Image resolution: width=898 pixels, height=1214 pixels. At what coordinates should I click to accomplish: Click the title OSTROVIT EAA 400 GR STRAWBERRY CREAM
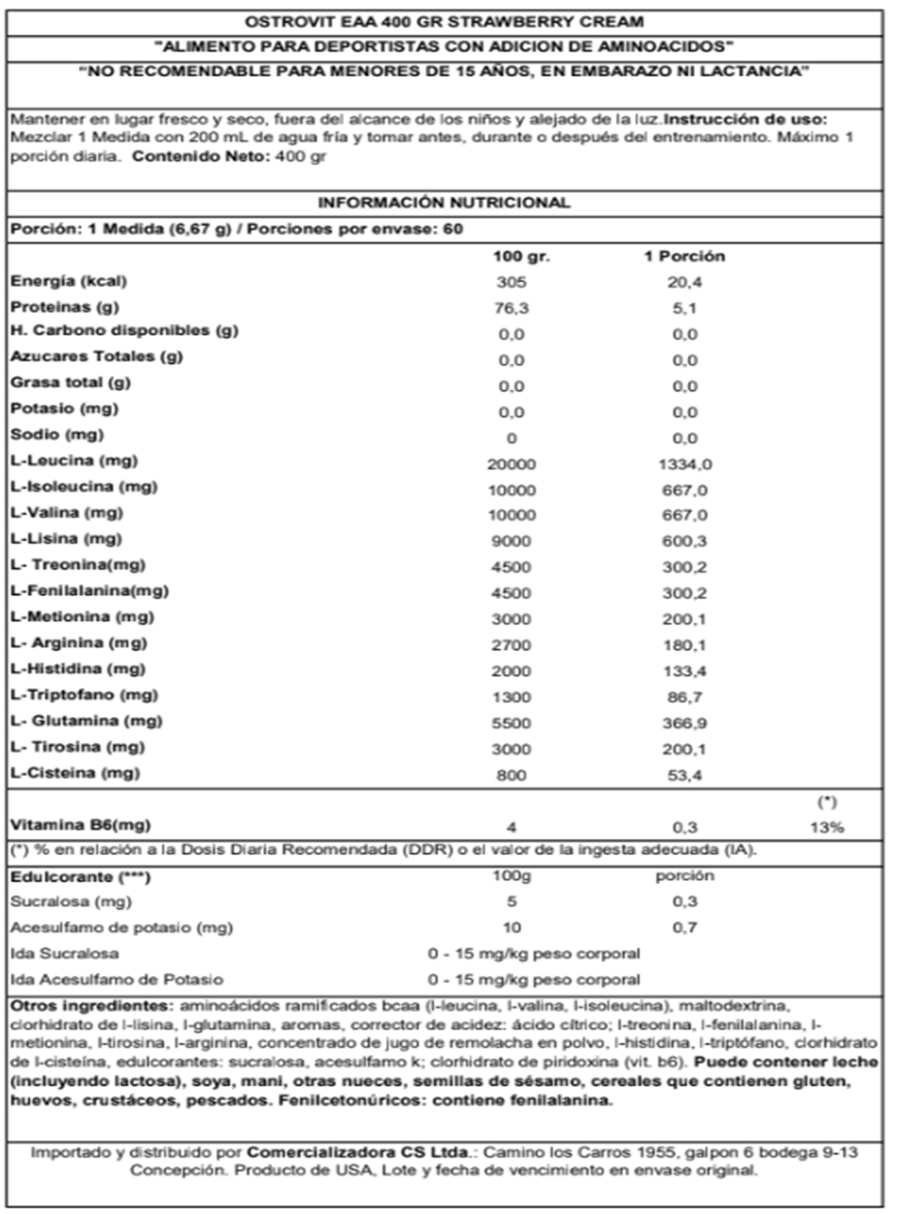click(x=444, y=22)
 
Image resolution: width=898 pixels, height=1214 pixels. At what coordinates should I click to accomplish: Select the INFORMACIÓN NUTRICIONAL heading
click(x=444, y=203)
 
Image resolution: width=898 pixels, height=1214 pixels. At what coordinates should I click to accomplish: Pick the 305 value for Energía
click(x=512, y=282)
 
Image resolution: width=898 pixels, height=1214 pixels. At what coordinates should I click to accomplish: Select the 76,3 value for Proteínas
click(x=512, y=308)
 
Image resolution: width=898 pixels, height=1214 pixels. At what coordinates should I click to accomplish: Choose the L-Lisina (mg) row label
click(x=66, y=539)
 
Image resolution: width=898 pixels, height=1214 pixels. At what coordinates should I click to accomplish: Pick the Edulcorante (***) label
click(x=81, y=877)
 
